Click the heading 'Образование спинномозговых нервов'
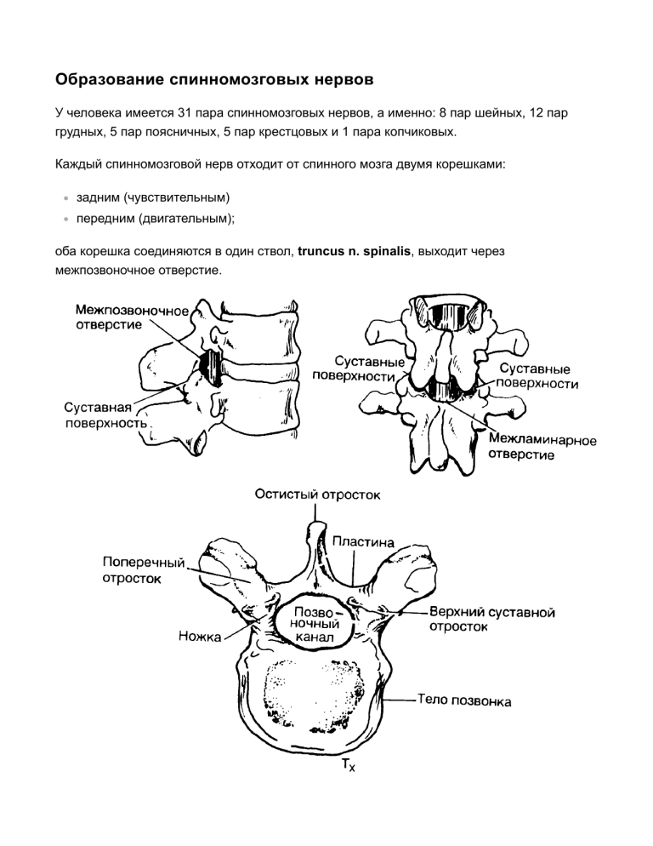point(213,81)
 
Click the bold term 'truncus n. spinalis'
point(353,253)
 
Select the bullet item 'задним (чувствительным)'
point(154,197)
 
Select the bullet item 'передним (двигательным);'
point(159,219)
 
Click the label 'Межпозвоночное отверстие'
point(131,315)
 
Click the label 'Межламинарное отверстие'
point(542,447)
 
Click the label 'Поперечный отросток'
point(143,570)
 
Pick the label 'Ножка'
point(200,635)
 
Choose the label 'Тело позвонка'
point(464,702)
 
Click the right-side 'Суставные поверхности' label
point(539,376)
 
